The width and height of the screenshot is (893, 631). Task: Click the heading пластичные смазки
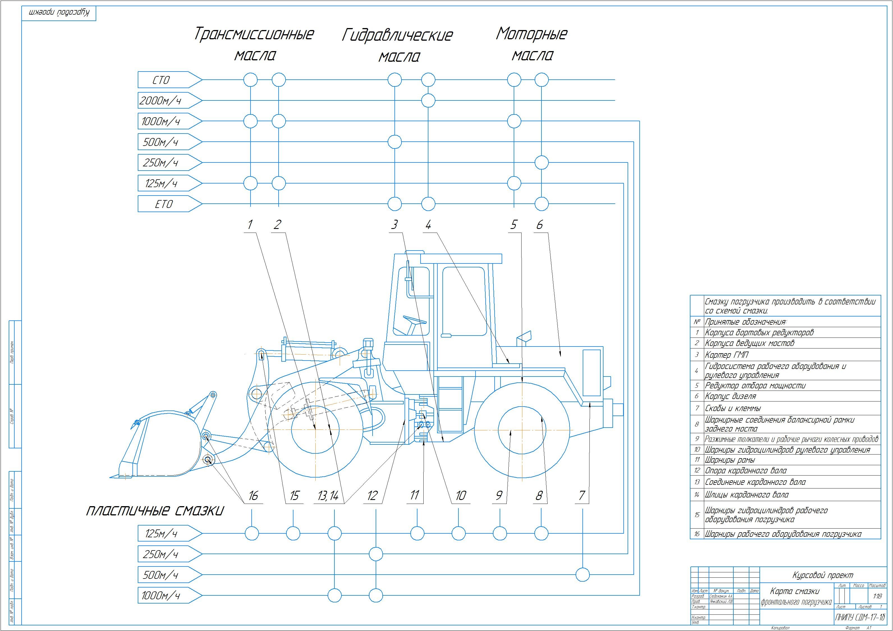pos(155,510)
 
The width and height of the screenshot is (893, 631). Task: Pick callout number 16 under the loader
pos(253,495)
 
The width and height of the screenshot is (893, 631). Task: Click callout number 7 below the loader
pos(582,495)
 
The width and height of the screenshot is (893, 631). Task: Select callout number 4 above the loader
pos(428,225)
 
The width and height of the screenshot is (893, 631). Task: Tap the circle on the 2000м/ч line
pos(428,101)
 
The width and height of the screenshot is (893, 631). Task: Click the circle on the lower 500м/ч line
pos(582,574)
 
